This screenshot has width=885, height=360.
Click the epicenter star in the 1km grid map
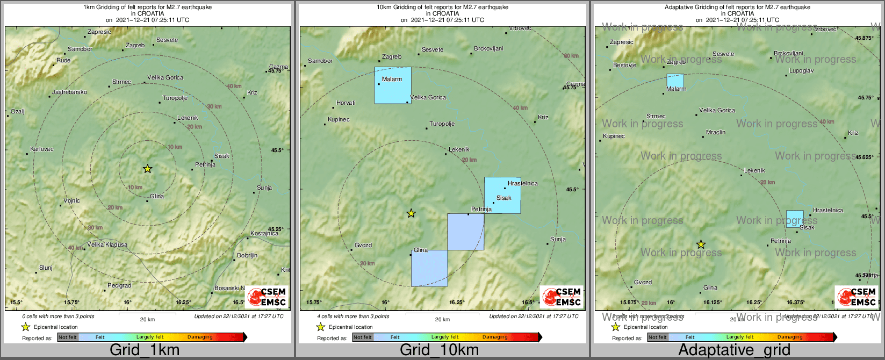[147, 169]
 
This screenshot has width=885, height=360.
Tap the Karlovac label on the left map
[42, 149]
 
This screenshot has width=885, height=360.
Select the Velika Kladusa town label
[107, 244]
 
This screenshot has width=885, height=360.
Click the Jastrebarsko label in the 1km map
[69, 92]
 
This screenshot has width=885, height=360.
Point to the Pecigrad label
[119, 285]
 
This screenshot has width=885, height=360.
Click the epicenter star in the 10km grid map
[411, 213]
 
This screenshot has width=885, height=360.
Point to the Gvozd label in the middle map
[363, 245]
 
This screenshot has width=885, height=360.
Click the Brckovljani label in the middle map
[488, 49]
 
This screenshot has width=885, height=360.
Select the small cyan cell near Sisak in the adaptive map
[795, 219]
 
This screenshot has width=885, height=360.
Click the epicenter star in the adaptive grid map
[701, 244]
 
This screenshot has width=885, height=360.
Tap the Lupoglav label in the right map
[801, 70]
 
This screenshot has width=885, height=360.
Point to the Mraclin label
[715, 132]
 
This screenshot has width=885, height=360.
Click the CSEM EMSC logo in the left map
[268, 297]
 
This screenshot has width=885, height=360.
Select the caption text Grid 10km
[439, 350]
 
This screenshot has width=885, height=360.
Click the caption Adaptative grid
[734, 350]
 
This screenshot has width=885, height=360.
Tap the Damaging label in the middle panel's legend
[494, 337]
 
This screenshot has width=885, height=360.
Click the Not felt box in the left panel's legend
[68, 337]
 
